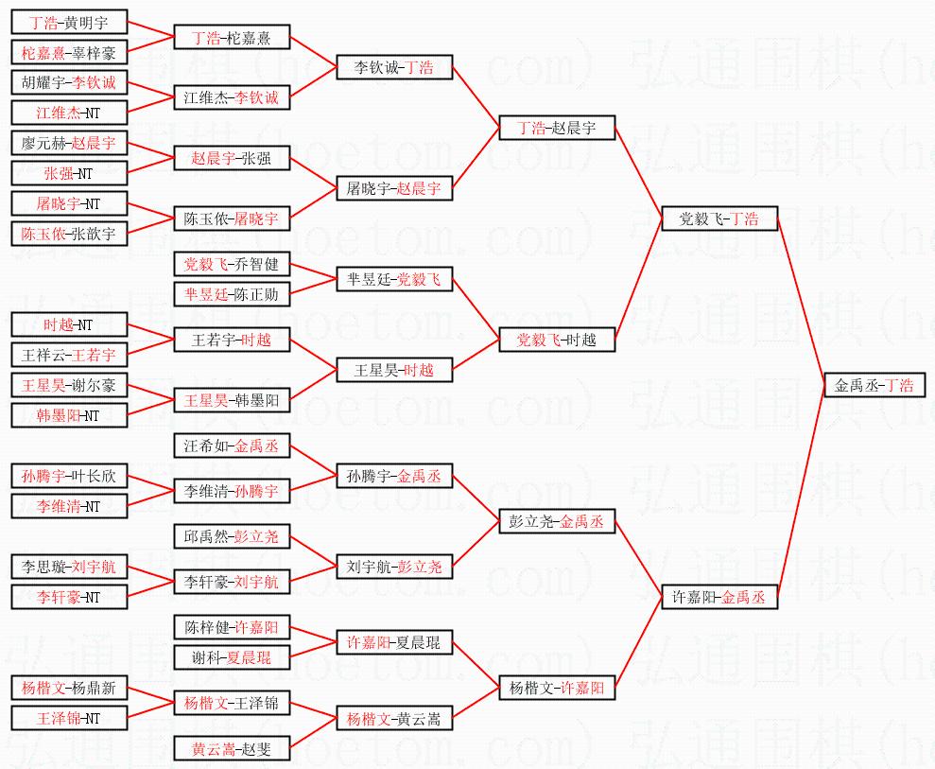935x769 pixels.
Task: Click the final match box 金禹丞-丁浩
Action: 874,385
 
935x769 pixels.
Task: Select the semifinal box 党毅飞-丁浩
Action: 719,218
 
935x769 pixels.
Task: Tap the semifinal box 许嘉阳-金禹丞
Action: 719,597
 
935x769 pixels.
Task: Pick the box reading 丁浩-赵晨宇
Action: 557,128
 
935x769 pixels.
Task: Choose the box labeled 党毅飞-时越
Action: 557,340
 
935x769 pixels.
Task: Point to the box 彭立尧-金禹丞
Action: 557,521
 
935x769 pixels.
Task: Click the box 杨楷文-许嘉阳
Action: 557,688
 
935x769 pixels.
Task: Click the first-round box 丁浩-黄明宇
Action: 69,23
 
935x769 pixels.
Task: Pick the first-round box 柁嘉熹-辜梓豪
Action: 69,52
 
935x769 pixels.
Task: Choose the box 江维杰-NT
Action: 69,113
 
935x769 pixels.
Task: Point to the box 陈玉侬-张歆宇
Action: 69,233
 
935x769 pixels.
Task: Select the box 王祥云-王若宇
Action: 69,355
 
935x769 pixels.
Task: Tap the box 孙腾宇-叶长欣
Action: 69,476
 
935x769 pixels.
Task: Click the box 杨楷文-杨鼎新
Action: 69,688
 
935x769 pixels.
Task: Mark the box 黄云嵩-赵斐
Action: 232,748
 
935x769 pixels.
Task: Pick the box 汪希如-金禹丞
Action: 232,446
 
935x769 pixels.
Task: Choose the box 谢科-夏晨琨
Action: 232,657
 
